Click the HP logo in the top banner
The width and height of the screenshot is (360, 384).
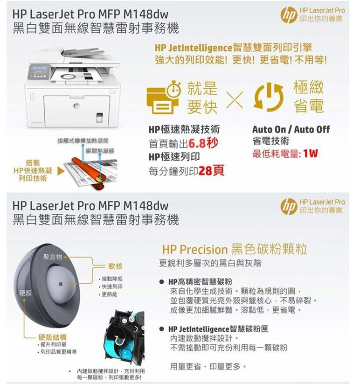pos(289,14)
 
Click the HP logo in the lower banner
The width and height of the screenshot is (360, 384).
pos(289,206)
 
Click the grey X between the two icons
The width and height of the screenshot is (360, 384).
pos(236,98)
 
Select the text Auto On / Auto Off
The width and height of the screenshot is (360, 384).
pos(291,129)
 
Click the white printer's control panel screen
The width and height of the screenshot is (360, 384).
pos(39,70)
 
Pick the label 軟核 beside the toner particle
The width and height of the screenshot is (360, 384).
pos(115,266)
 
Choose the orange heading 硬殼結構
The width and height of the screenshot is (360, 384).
pos(52,337)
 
